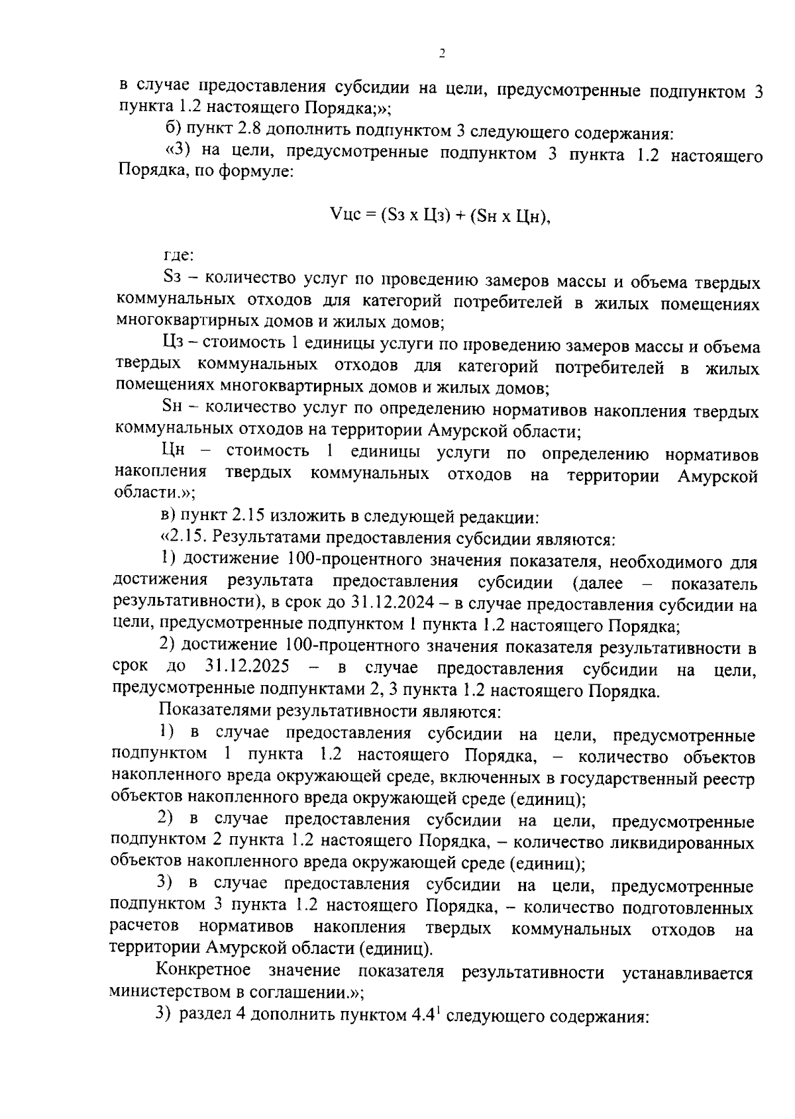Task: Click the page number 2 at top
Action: [441, 54]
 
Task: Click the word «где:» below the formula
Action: [179, 255]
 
